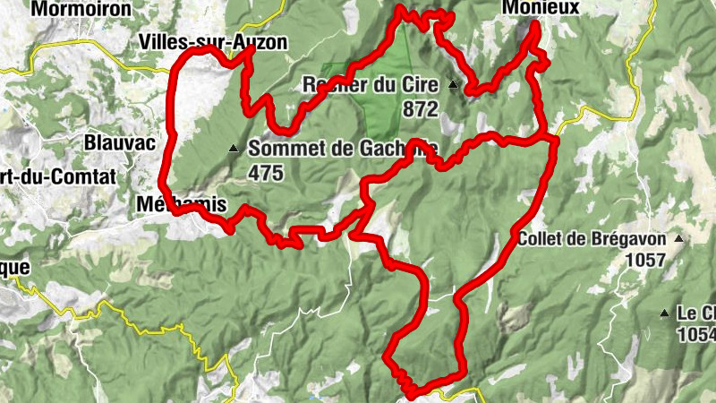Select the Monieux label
point(542,7)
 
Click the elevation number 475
point(267,172)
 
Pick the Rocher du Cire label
point(371,86)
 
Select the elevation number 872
point(420,109)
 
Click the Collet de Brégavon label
point(593,239)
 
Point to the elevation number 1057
point(647,261)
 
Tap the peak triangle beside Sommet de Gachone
point(234,149)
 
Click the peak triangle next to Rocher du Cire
point(453,86)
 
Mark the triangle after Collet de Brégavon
point(679,239)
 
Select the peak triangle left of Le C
point(664,313)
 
